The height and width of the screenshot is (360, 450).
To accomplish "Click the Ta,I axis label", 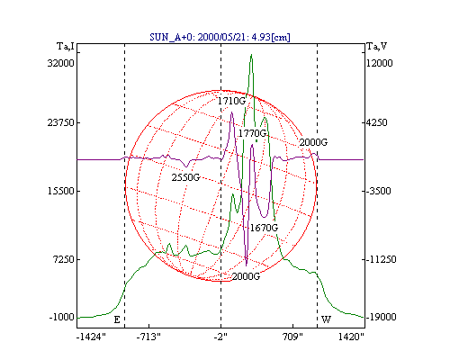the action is [66, 47].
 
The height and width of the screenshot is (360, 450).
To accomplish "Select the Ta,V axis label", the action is [377, 47].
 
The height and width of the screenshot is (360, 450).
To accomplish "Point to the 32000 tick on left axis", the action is [60, 63].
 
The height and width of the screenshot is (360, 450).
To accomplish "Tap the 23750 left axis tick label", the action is [60, 122].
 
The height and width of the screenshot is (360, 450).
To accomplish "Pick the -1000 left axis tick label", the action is [61, 317].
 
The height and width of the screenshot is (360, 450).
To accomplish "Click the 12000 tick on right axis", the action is [380, 63].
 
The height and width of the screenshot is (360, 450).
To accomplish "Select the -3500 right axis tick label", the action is [379, 191].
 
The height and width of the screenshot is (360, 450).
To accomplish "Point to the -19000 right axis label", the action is [382, 317].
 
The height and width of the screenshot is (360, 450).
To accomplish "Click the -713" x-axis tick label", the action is [148, 337].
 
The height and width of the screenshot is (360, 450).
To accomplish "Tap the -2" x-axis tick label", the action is [220, 337].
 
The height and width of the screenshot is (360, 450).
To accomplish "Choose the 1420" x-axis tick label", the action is [351, 337].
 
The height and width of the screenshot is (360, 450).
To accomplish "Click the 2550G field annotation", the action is [185, 177].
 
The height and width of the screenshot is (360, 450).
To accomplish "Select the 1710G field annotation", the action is [231, 101].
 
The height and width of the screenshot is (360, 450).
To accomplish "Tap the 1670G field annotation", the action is [264, 228].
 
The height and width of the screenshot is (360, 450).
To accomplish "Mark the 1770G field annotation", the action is [252, 133].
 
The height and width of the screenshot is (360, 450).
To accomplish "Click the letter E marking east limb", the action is [117, 319].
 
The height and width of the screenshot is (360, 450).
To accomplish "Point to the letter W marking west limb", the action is [326, 319].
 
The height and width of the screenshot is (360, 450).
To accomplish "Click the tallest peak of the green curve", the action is [251, 55].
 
